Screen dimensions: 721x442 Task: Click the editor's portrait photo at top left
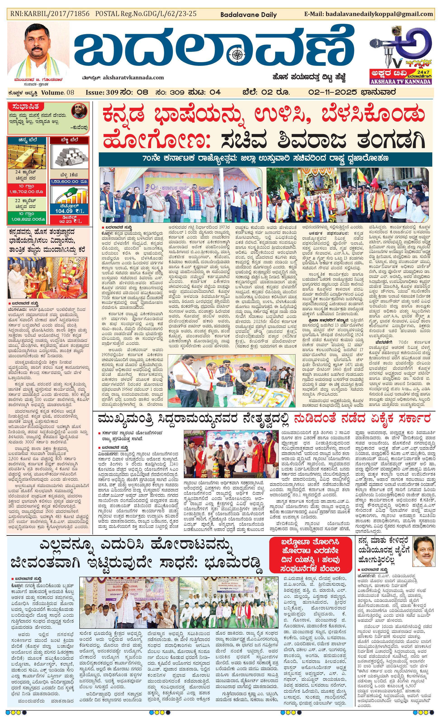tap(38, 50)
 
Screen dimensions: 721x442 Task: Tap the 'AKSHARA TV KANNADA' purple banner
tap(400, 82)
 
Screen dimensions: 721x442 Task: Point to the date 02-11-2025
tap(333, 92)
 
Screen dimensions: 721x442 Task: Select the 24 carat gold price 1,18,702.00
tap(27, 192)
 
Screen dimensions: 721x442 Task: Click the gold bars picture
tap(27, 156)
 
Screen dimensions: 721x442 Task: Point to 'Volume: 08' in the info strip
tap(58, 93)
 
